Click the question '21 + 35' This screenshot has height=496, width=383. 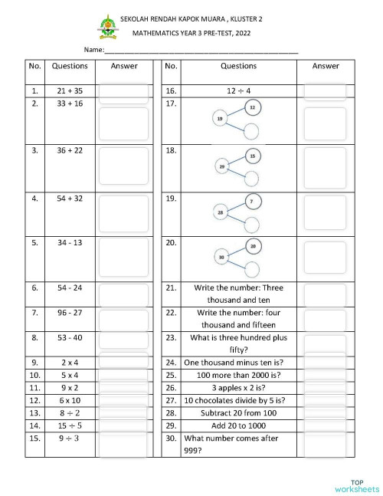pyautogui.click(x=70, y=90)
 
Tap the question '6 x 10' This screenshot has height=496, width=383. pyautogui.click(x=70, y=399)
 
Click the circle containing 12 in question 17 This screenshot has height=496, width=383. pyautogui.click(x=254, y=107)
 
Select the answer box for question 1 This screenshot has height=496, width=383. pyautogui.click(x=124, y=91)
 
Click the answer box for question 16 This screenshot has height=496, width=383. pyautogui.click(x=326, y=91)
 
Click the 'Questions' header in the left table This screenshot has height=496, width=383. pyautogui.click(x=70, y=67)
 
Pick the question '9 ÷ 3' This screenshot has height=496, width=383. pyautogui.click(x=70, y=438)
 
